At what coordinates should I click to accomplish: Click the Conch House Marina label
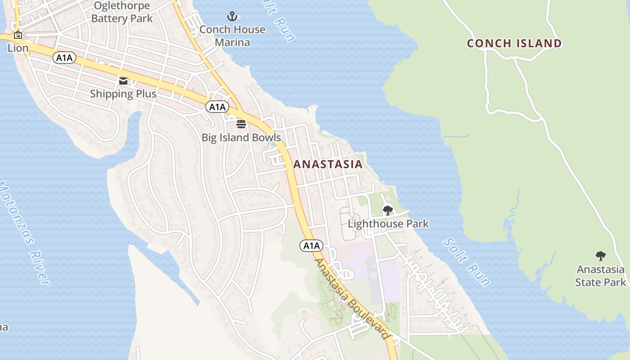point(232,36)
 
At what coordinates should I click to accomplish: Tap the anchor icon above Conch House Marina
point(232,17)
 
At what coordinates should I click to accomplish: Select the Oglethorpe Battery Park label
point(122,12)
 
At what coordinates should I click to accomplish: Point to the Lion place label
point(18,48)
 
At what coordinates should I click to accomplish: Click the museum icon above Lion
point(18,35)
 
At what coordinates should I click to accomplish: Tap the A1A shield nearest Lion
point(64,58)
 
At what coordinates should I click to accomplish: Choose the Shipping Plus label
point(123,94)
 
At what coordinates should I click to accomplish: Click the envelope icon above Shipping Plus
point(123,81)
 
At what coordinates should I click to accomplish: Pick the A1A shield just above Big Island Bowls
point(217,107)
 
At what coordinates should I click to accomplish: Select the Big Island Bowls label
point(241,137)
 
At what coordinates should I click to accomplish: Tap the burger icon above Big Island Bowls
point(241,124)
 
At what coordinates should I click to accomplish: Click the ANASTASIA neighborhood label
point(328,164)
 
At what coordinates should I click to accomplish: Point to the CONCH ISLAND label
point(514,44)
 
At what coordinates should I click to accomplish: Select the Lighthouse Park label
point(388,224)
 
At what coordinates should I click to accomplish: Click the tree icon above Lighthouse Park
point(387,210)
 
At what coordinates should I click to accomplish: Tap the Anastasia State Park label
point(601,276)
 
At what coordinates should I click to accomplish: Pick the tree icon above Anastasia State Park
point(600,256)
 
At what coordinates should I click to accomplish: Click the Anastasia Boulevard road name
point(351,299)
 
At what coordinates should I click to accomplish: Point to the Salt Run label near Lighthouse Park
point(466,262)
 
